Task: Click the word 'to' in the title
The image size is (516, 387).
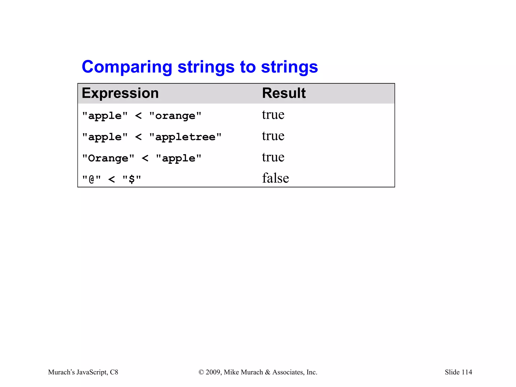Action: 248,67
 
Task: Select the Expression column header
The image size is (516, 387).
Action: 120,93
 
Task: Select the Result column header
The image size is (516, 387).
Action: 284,93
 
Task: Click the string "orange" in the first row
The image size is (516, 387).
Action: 175,116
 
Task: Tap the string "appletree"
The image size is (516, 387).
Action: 185,137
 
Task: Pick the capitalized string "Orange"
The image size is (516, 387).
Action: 108,158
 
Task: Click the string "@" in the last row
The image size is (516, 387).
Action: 91,179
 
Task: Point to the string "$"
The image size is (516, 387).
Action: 132,179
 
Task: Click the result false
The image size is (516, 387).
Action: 275,178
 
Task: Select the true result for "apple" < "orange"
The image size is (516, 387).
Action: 273,115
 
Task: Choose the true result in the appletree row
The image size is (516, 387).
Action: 273,136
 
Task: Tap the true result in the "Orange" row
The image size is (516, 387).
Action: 273,157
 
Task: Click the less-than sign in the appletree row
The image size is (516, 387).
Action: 138,137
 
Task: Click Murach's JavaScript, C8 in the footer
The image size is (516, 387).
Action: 83,372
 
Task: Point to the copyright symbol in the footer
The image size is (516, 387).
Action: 201,372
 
